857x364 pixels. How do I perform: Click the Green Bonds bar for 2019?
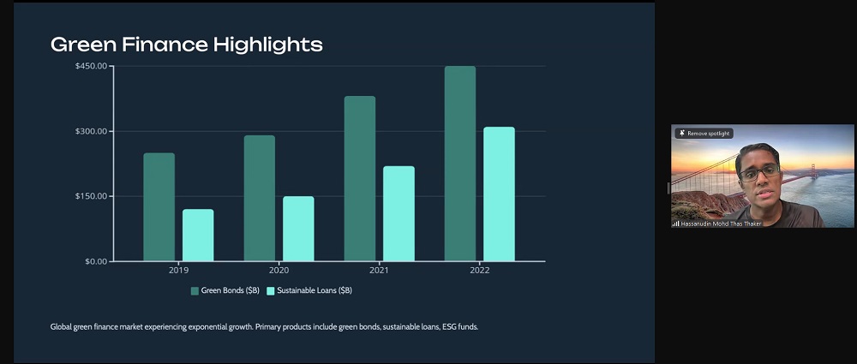coord(159,206)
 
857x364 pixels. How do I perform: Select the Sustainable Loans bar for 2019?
coord(198,235)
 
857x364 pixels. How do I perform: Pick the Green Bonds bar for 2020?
coord(259,198)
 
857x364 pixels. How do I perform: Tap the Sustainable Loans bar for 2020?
coord(298,229)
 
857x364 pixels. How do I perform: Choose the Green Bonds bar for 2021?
coord(359,178)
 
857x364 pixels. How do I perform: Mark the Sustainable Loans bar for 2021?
coord(399,213)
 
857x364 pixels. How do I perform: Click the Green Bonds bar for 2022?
coord(459,163)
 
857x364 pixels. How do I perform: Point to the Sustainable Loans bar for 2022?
coord(499,194)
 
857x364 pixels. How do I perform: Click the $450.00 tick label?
coord(91,67)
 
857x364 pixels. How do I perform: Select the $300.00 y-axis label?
coord(91,131)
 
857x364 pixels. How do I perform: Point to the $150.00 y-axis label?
coord(91,196)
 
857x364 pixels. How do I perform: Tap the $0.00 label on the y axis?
coord(95,261)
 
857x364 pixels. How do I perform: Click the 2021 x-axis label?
coord(379,271)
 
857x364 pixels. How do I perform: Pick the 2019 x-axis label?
coord(178,271)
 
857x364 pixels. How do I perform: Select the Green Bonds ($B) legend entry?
coord(225,291)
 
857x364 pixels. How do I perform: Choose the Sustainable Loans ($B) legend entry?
coord(309,291)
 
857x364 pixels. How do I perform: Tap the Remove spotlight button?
coord(704,134)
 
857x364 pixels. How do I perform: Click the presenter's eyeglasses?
coord(758,173)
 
